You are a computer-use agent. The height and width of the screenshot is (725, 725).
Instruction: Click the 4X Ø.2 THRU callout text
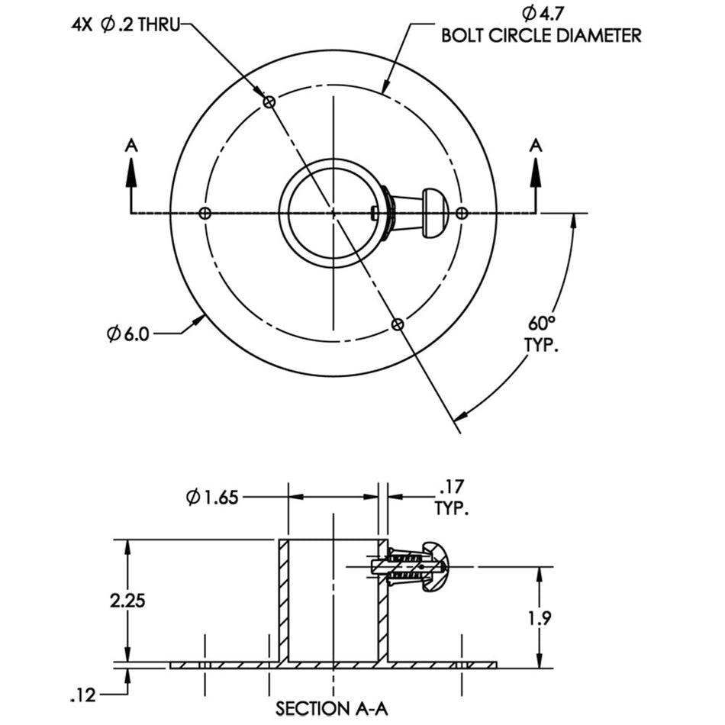(x=125, y=24)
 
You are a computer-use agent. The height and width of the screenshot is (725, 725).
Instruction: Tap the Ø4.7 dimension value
(x=543, y=14)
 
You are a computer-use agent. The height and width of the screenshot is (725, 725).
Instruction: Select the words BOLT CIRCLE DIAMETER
(x=541, y=36)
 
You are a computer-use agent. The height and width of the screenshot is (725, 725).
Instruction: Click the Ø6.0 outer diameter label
(x=127, y=333)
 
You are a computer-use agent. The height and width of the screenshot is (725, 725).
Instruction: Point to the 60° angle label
(x=541, y=324)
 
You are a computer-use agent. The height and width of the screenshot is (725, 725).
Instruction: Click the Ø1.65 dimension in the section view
(x=211, y=498)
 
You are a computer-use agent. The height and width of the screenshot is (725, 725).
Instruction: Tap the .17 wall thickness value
(x=451, y=487)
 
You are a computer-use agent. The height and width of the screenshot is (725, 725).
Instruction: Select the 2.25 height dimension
(x=127, y=601)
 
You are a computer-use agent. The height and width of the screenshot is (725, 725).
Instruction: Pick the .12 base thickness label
(x=83, y=695)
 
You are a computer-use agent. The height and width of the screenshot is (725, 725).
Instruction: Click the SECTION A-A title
(x=331, y=709)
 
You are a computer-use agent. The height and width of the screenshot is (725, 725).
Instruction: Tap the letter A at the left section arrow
(x=132, y=146)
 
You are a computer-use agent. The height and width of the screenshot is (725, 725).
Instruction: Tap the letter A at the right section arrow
(x=536, y=146)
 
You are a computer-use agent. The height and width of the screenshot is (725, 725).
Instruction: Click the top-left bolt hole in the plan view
(x=269, y=101)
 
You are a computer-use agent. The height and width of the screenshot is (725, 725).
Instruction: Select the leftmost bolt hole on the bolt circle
(x=205, y=213)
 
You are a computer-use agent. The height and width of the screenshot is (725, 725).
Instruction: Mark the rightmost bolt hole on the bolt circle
(x=462, y=213)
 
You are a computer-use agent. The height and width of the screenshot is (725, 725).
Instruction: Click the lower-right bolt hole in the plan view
(x=397, y=324)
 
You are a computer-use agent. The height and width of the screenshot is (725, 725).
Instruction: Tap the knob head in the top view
(x=435, y=213)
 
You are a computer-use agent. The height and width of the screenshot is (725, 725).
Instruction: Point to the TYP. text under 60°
(x=541, y=345)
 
